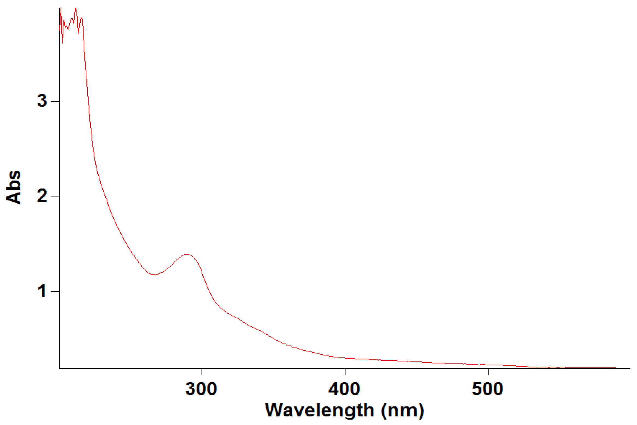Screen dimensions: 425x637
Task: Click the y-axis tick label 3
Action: (x=42, y=101)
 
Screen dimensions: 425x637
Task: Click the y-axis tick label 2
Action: (x=42, y=196)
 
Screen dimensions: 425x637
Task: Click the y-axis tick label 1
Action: (x=42, y=291)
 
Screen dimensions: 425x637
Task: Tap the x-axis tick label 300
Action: (x=201, y=389)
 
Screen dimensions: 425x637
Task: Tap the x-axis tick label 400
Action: (x=344, y=389)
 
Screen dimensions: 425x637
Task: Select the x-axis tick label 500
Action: (x=487, y=389)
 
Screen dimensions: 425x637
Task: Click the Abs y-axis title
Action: (x=13, y=187)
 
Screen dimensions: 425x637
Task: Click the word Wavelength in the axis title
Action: (x=319, y=410)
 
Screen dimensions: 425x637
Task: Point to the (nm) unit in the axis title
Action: (x=402, y=410)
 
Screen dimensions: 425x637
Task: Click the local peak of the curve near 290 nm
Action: (x=187, y=254)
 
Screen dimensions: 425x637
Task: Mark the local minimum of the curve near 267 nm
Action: (x=155, y=274)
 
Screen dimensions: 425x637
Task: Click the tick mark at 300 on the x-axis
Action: (x=202, y=372)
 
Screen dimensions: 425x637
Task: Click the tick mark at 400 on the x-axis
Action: (x=345, y=372)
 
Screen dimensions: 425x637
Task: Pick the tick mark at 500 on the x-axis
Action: (x=488, y=372)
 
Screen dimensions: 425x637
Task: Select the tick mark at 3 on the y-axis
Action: (x=55, y=101)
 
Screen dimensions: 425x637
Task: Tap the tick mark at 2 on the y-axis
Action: (x=55, y=196)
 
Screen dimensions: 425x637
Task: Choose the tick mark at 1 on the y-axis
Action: (x=55, y=291)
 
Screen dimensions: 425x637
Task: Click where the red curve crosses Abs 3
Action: (x=88, y=101)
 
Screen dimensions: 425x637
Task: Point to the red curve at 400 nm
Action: (x=345, y=358)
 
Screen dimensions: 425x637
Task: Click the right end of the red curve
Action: (x=616, y=368)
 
